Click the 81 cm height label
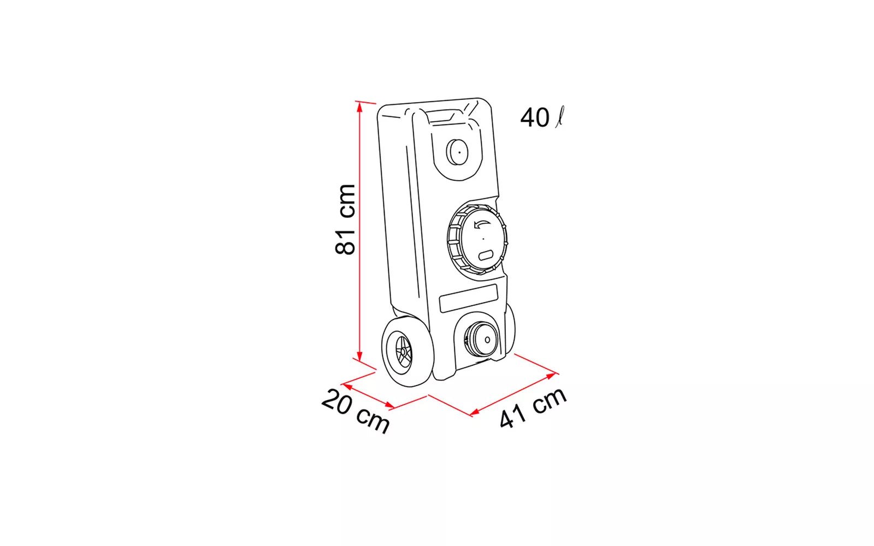pyautogui.click(x=346, y=219)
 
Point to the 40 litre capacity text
pyautogui.click(x=542, y=117)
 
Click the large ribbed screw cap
pyautogui.click(x=477, y=239)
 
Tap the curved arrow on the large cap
pyautogui.click(x=481, y=224)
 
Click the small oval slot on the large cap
pyautogui.click(x=486, y=256)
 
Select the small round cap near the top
pyautogui.click(x=457, y=152)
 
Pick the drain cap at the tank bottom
pyautogui.click(x=481, y=339)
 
